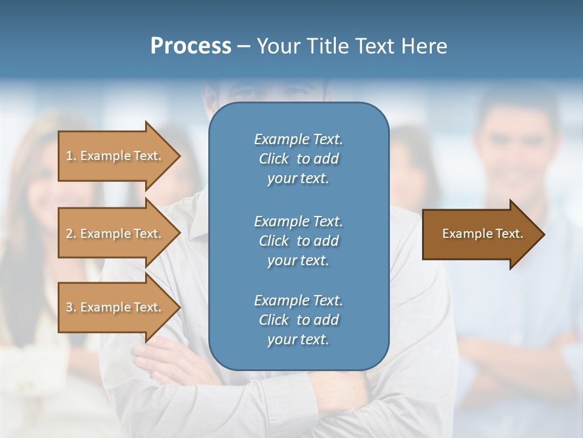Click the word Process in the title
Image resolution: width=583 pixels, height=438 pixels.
click(x=191, y=46)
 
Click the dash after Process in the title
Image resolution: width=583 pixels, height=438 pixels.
click(x=244, y=46)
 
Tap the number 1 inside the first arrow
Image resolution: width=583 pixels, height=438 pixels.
click(x=69, y=156)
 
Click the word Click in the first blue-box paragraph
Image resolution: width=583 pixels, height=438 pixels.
click(x=274, y=159)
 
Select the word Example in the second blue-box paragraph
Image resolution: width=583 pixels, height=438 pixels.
click(x=281, y=221)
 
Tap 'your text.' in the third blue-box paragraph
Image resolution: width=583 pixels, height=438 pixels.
click(x=298, y=339)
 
